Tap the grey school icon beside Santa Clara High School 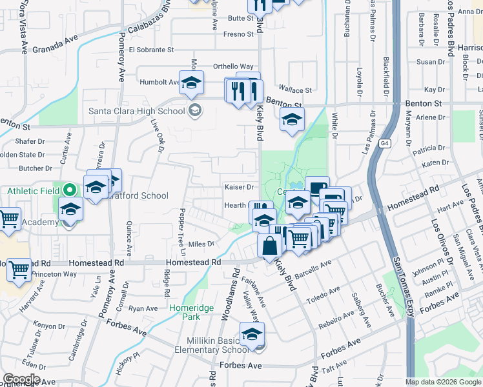[x=194, y=111]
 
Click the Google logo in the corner [x=21, y=379]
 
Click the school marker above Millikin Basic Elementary [x=252, y=334]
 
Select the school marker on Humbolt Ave [x=191, y=83]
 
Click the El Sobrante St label [x=151, y=50]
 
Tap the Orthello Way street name [x=234, y=66]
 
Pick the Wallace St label [x=295, y=90]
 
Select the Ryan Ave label [x=143, y=309]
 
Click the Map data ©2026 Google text [x=443, y=382]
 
